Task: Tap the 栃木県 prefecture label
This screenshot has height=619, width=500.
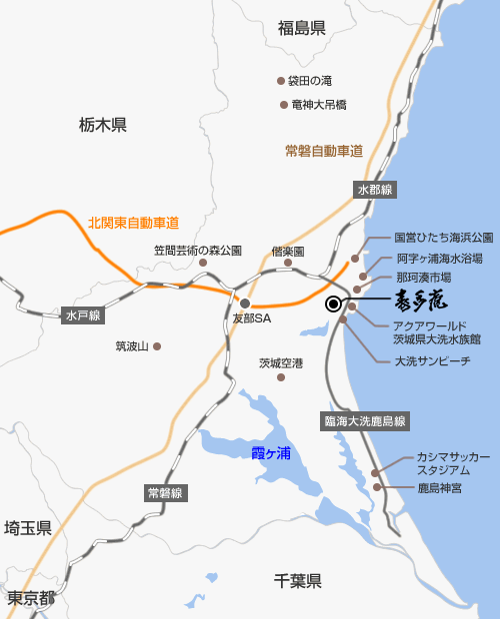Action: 102,125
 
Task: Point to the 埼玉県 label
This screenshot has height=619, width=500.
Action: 28,528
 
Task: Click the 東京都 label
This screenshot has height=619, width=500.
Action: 30,599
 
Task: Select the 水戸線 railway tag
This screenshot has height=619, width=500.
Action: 84,315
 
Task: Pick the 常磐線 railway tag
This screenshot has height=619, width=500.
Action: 165,493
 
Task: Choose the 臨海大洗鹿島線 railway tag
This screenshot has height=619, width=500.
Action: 364,421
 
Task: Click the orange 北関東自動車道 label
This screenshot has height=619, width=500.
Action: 133,223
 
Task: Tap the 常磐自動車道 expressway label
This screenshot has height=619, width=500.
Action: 323,151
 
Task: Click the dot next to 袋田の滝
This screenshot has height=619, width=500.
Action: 281,81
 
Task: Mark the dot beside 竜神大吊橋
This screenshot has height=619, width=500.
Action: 284,104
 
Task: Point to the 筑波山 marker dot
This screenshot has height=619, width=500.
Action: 156,346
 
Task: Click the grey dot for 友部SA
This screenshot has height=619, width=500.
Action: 244,303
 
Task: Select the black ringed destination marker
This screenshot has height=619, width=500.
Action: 334,305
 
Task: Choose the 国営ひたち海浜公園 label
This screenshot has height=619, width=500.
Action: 443,239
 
